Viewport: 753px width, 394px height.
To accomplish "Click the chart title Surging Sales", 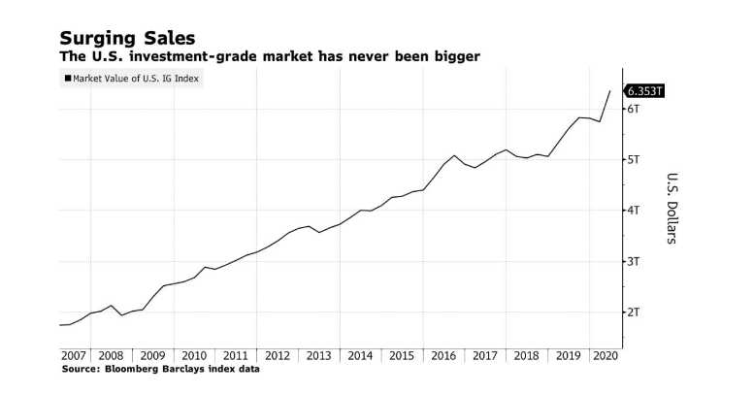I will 127,38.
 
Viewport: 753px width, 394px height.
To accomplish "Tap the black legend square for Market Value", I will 67,80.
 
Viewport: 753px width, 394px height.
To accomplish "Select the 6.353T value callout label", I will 645,91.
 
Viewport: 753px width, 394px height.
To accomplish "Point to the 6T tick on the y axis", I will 633,109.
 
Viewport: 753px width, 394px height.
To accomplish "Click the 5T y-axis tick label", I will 633,159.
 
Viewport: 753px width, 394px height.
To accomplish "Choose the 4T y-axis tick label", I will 633,210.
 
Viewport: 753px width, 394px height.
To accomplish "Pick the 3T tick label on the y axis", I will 633,261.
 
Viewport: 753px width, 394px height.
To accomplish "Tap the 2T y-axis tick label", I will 633,312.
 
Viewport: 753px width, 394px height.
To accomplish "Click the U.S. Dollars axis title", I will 671,209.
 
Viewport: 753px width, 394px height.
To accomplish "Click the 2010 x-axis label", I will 194,356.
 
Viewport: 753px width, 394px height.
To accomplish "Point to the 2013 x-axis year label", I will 319,356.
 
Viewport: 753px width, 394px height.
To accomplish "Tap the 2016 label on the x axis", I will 443,356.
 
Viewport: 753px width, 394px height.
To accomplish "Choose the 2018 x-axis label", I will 526,356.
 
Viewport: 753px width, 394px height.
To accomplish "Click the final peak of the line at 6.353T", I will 609,91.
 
